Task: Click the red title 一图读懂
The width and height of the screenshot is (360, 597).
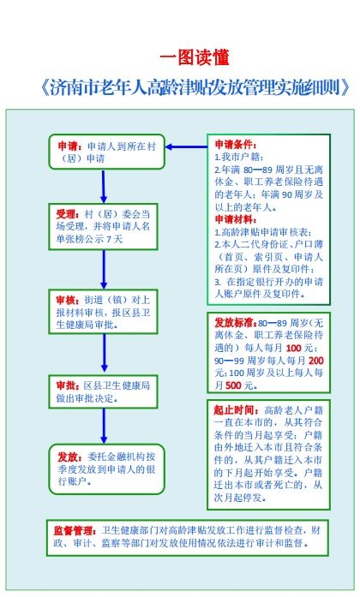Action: coord(195,57)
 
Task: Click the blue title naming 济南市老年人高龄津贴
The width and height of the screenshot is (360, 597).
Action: coord(195,87)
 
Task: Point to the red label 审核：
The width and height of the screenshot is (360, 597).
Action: coord(68,301)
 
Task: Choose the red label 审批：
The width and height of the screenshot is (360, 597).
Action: coord(68,385)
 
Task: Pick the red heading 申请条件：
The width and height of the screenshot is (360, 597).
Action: coord(236,144)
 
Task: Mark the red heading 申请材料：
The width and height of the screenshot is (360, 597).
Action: coord(236,219)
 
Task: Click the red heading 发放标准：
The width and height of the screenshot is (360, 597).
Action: coord(236,323)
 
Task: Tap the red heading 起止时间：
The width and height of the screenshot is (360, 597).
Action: coord(237,409)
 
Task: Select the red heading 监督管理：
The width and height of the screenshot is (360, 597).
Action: coord(75,531)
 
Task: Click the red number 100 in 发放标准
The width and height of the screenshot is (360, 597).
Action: coord(293,348)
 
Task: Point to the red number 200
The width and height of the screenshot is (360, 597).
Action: coord(315,361)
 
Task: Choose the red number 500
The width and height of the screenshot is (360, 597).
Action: coord(233,385)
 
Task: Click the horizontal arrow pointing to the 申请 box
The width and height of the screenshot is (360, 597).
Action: coord(186,146)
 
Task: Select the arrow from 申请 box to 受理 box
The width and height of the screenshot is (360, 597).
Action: coord(103,186)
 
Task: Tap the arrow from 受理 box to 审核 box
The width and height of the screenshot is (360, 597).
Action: coord(104,270)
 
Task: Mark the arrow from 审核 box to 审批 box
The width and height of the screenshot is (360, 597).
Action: coord(104,353)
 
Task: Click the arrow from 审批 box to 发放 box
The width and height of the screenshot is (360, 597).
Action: coord(104,426)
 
